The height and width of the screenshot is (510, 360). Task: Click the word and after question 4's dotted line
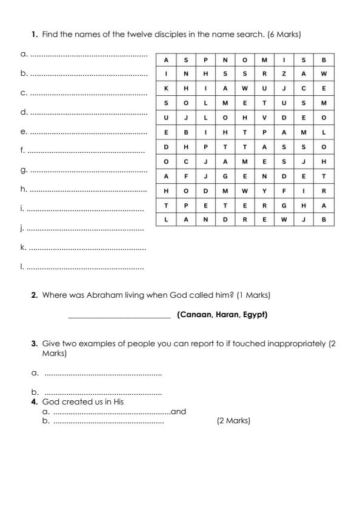pyautogui.click(x=179, y=412)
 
